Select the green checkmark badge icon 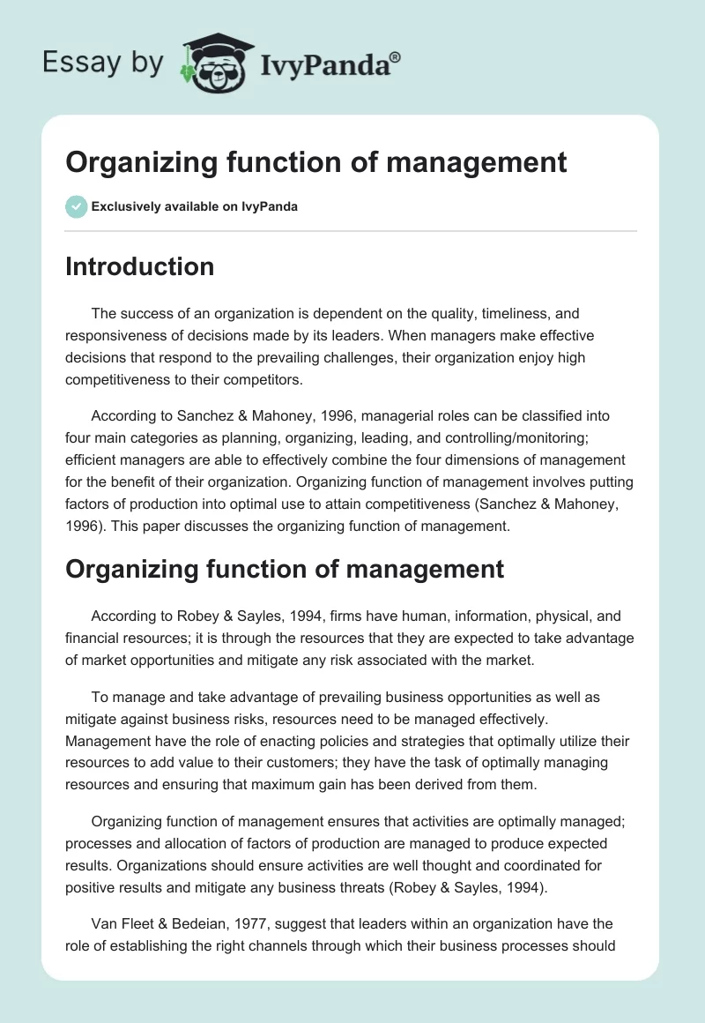click(76, 206)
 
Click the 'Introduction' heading click(139, 266)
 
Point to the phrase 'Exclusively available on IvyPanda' click(194, 206)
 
